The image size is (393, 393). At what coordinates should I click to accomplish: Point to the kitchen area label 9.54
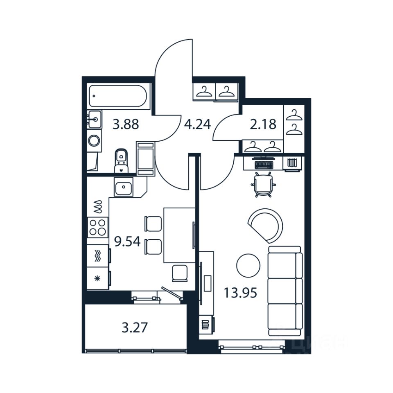pyautogui.click(x=127, y=242)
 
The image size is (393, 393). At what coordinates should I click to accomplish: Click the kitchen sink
pyautogui.click(x=123, y=188)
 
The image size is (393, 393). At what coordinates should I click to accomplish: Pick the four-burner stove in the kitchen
pyautogui.click(x=98, y=227)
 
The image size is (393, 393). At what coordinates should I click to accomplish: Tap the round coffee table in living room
pyautogui.click(x=248, y=265)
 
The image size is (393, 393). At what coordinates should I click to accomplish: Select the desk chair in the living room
pyautogui.click(x=262, y=185)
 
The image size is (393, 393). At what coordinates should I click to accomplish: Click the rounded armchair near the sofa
pyautogui.click(x=267, y=225)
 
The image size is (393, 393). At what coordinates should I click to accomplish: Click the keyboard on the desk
pyautogui.click(x=263, y=165)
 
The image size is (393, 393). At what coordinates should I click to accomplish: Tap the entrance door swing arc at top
pyautogui.click(x=174, y=57)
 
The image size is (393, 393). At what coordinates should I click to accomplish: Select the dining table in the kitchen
pyautogui.click(x=179, y=235)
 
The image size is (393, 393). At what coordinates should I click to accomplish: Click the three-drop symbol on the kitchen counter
pyautogui.click(x=97, y=208)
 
